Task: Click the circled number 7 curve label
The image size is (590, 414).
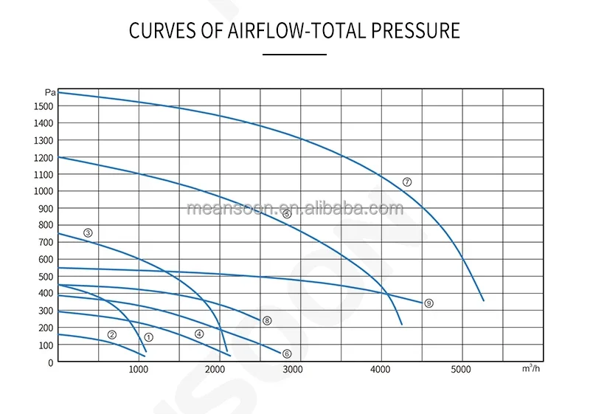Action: tap(407, 182)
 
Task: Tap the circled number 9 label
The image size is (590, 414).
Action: tap(428, 303)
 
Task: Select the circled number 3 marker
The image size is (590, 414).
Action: tap(88, 233)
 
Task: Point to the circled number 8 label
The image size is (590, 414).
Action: tap(267, 321)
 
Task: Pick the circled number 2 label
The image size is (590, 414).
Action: tap(112, 335)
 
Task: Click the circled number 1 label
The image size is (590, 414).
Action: tap(148, 337)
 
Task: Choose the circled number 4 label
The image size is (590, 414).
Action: tap(199, 334)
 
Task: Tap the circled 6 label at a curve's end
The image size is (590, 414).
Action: tap(287, 354)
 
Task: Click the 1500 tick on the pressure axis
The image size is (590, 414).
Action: tap(44, 106)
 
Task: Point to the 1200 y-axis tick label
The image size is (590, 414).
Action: tap(44, 158)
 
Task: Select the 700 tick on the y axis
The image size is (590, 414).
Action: tap(46, 243)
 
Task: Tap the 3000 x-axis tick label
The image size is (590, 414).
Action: tap(294, 370)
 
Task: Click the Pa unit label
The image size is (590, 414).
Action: tap(49, 93)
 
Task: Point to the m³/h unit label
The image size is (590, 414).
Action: tap(530, 368)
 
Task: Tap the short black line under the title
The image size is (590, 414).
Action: tap(294, 55)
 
